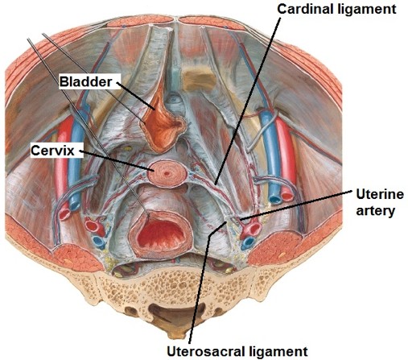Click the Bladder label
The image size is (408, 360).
coord(85,81)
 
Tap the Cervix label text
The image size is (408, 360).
coord(52,151)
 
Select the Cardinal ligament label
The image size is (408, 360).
coord(336,9)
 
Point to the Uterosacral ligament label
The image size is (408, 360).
coord(237,351)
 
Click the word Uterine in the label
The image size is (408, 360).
coord(380,194)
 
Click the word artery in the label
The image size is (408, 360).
coord(375,211)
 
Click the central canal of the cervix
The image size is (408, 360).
coord(167,174)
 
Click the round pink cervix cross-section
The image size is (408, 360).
coord(167,174)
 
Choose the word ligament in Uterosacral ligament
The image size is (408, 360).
coord(278,351)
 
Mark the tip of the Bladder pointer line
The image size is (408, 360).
coord(155,110)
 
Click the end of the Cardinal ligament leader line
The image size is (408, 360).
coord(216,184)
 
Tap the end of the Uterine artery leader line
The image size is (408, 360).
coord(241,220)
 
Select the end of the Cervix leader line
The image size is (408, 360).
coord(153,170)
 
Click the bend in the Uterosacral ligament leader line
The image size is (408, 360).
coord(210,234)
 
